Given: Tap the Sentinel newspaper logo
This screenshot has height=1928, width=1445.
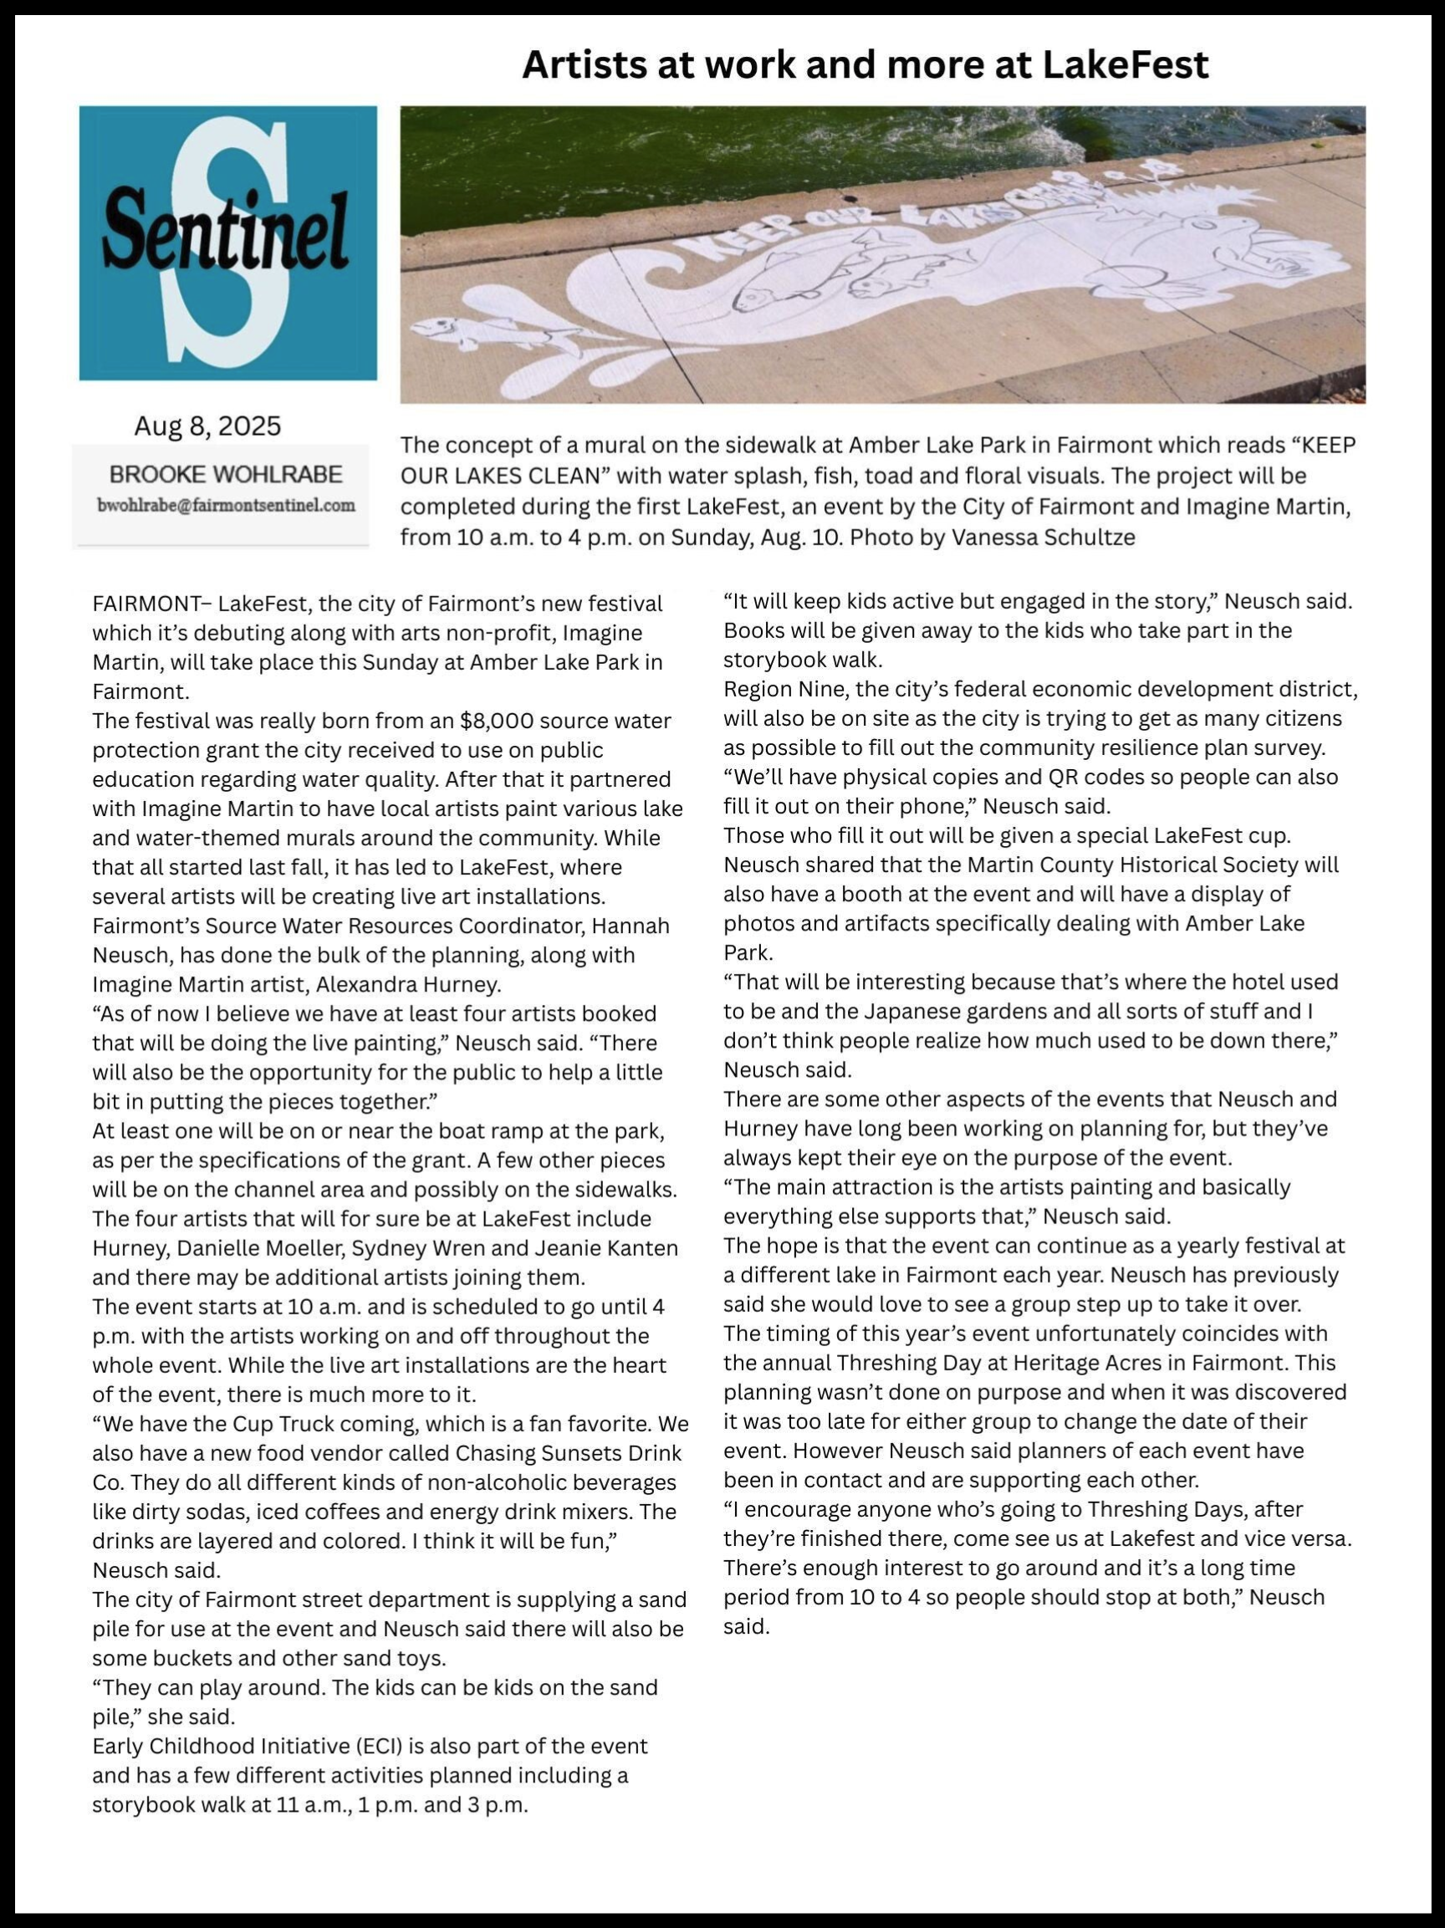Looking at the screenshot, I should coord(227,242).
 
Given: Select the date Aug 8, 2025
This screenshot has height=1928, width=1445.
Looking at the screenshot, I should coord(207,426).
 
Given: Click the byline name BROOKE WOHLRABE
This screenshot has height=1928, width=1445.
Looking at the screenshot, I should coord(226,474).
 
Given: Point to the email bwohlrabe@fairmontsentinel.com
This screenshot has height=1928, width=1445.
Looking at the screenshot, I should coord(226,505).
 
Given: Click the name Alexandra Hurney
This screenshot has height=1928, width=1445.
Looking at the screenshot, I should coord(408,984).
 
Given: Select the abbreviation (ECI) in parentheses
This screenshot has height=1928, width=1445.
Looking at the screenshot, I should coord(354,1746).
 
